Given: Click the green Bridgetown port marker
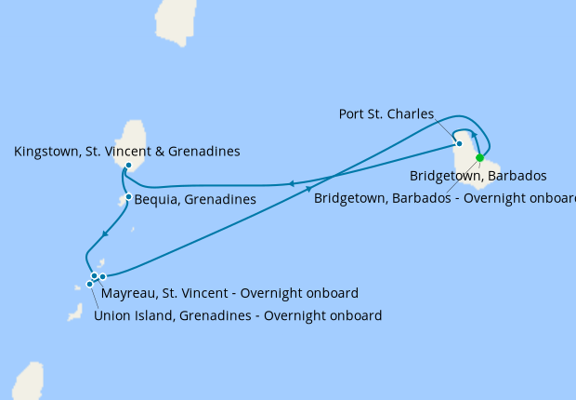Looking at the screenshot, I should [x=480, y=157].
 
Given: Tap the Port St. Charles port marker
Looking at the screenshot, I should [x=459, y=143].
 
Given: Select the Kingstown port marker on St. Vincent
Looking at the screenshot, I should [x=127, y=166].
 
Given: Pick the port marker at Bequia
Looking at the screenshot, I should [x=128, y=196].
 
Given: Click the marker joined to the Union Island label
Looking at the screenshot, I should [x=90, y=283].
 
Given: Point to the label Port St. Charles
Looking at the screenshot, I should [x=386, y=114].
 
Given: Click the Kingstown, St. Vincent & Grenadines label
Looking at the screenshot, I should [x=127, y=151].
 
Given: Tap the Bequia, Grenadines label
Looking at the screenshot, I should [x=195, y=199].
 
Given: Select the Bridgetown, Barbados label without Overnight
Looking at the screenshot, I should [x=478, y=175].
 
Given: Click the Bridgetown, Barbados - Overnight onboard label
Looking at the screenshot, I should [x=444, y=197].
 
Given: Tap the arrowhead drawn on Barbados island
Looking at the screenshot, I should [x=474, y=136].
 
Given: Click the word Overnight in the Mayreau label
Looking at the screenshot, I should [x=269, y=292].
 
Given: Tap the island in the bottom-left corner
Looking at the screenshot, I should [x=27, y=381].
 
